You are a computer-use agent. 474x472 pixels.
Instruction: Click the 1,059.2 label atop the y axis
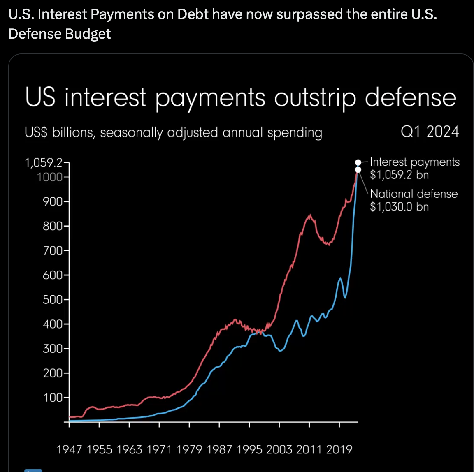pos(44,163)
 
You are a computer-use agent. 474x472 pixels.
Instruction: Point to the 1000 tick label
pos(49,177)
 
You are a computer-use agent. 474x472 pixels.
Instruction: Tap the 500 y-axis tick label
pos(53,300)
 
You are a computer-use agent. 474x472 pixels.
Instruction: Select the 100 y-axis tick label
pos(53,398)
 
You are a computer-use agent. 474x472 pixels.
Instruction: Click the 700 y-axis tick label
pos(53,250)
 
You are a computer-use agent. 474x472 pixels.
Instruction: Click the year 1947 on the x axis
pos(69,449)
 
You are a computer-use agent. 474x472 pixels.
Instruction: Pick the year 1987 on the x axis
pos(219,449)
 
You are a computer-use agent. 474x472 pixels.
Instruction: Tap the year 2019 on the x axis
pos(339,449)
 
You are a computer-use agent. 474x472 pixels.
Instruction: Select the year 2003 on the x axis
pos(279,449)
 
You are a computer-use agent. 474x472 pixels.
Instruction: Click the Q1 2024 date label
pos(430,132)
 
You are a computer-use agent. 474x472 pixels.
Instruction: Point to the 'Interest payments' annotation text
pos(415,162)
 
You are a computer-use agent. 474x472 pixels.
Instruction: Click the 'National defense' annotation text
pos(414,194)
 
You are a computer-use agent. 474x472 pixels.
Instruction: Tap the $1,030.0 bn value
pos(399,206)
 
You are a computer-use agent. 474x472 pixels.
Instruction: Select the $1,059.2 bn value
pos(399,175)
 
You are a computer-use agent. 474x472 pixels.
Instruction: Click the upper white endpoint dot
pos(358,162)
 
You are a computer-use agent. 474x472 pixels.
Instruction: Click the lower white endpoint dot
pos(358,169)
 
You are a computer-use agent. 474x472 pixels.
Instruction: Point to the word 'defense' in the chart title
pos(411,98)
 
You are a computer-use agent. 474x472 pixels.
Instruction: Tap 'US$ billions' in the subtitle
pos(59,133)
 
